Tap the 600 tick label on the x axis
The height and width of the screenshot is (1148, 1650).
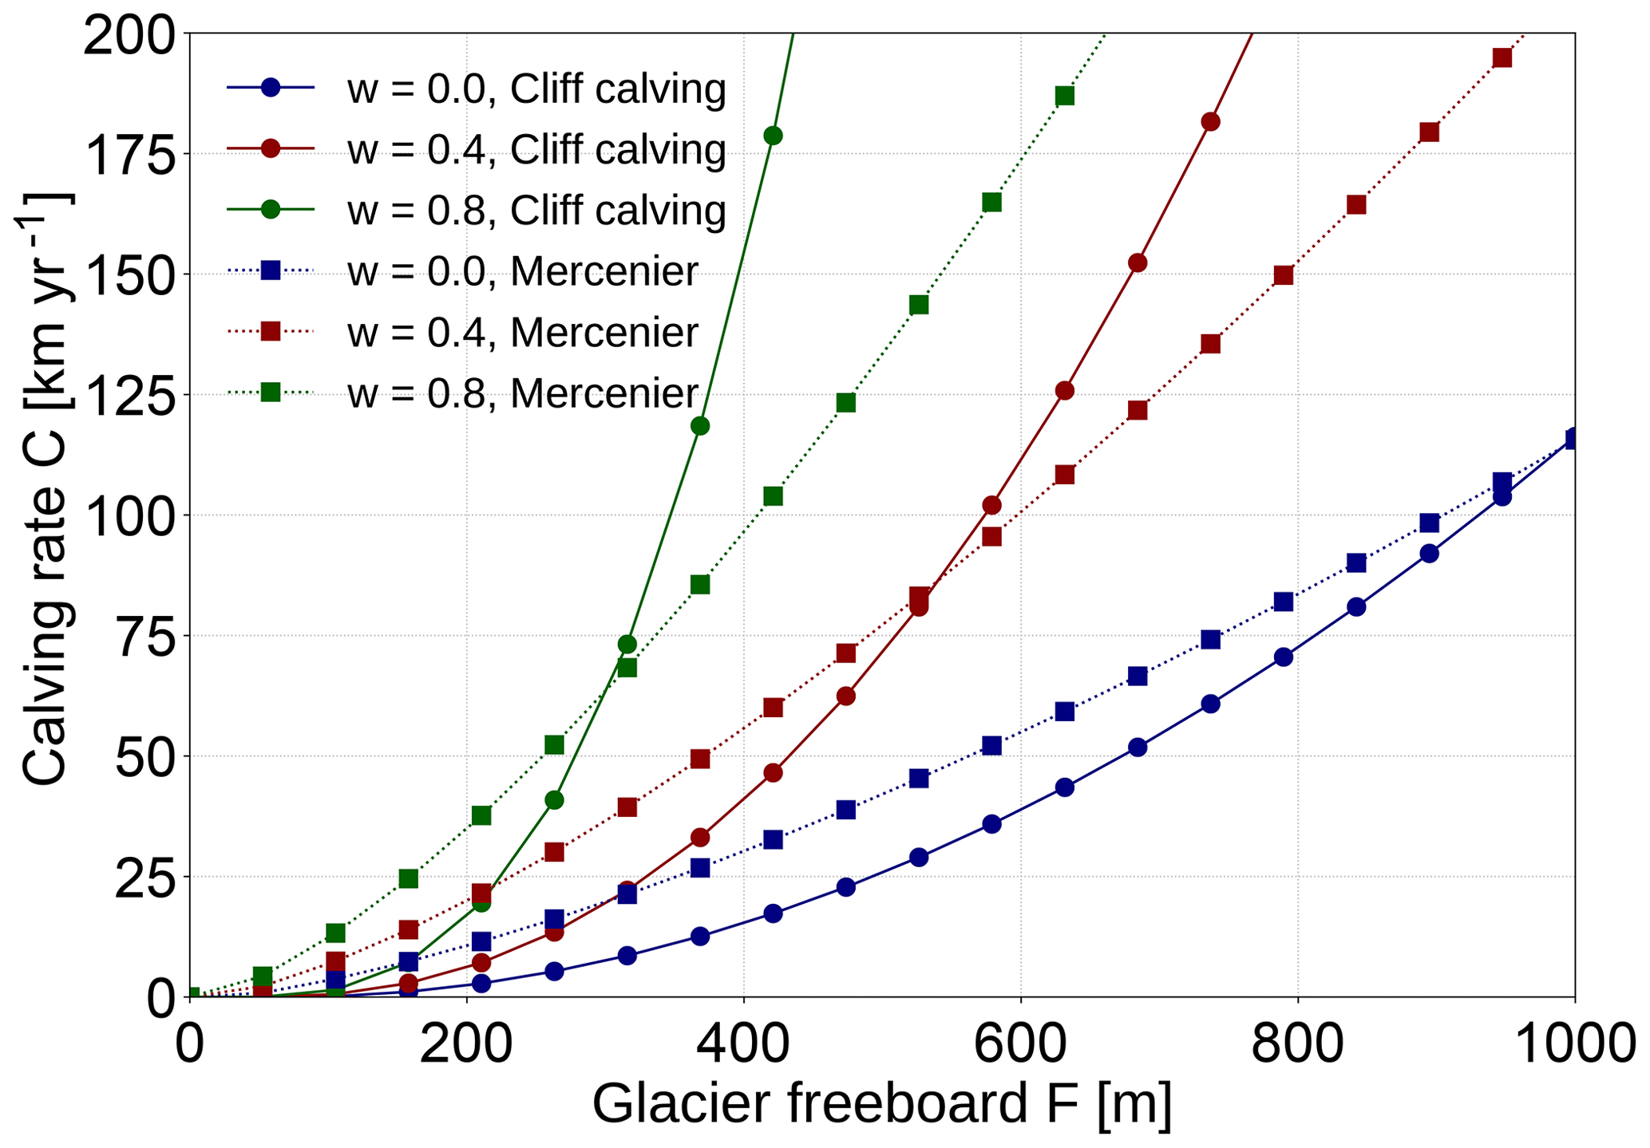click(1021, 1043)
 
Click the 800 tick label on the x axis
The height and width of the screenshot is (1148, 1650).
click(1298, 1043)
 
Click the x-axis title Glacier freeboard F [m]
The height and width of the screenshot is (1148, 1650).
click(881, 1106)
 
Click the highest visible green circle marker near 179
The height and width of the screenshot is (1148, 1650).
click(773, 136)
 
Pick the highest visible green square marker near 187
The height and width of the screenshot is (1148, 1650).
click(1064, 96)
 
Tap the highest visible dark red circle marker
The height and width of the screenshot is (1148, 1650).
click(1210, 122)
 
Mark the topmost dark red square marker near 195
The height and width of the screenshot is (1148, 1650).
click(1502, 57)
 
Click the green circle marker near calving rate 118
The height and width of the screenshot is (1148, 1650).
click(700, 426)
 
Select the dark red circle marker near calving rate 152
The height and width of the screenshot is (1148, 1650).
click(1138, 263)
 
